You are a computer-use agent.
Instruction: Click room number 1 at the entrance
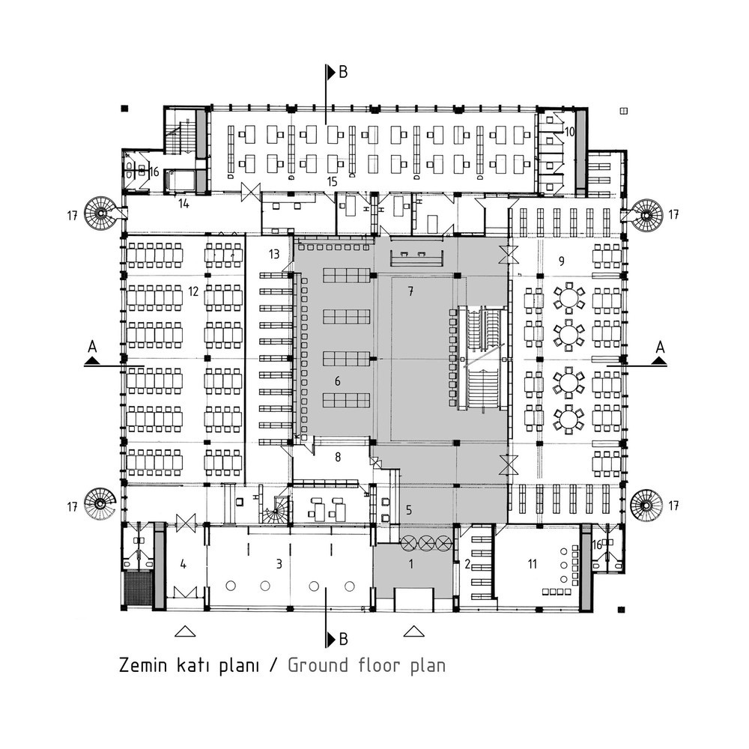pyautogui.click(x=410, y=564)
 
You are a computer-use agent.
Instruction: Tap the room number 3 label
pyautogui.click(x=279, y=564)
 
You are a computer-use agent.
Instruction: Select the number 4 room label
pyautogui.click(x=184, y=564)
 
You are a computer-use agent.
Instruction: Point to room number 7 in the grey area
pyautogui.click(x=410, y=291)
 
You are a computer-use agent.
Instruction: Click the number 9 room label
pyautogui.click(x=562, y=261)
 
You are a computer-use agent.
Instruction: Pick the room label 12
pyautogui.click(x=193, y=291)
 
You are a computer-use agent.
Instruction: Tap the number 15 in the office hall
pyautogui.click(x=332, y=181)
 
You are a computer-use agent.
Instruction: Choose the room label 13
pyautogui.click(x=274, y=254)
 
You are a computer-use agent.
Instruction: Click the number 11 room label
pyautogui.click(x=532, y=564)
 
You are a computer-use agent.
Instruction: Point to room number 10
pyautogui.click(x=569, y=131)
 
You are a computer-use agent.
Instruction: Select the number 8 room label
pyautogui.click(x=339, y=457)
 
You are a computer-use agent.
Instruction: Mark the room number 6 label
pyautogui.click(x=338, y=380)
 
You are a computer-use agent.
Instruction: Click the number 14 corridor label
pyautogui.click(x=184, y=204)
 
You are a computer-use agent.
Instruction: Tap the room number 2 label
pyautogui.click(x=467, y=564)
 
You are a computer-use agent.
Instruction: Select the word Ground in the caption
pyautogui.click(x=318, y=665)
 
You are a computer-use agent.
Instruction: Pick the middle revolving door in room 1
pyautogui.click(x=427, y=542)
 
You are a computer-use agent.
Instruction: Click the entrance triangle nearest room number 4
pyautogui.click(x=185, y=631)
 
